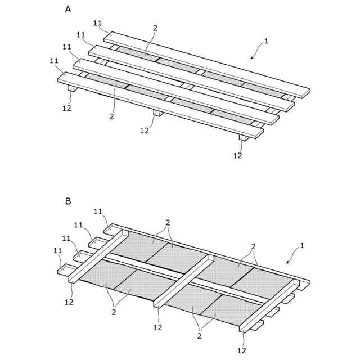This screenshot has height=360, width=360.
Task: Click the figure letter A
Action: (68, 10)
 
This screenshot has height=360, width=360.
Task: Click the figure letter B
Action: (68, 201)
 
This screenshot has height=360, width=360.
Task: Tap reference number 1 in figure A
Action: (267, 41)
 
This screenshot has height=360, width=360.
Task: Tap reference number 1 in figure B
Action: (302, 245)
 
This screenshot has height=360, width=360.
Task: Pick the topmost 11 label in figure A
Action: (97, 23)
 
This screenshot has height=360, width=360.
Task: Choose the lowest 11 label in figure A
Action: (54, 60)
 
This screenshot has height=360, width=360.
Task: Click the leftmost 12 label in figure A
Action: (67, 107)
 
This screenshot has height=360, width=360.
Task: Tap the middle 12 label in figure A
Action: (145, 130)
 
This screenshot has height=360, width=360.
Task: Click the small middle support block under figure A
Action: (158, 113)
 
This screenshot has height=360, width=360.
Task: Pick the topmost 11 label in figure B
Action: (98, 211)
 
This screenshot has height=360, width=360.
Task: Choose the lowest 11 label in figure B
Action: (57, 250)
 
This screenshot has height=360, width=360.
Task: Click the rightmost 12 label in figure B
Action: (241, 350)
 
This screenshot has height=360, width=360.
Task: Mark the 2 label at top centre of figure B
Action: (168, 222)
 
